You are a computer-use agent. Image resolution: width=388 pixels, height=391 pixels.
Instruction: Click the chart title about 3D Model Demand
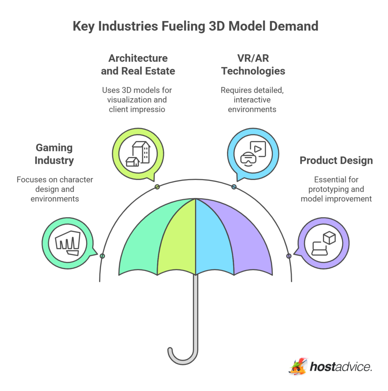click(195, 26)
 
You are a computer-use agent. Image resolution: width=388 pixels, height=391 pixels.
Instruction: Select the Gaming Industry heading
click(54, 154)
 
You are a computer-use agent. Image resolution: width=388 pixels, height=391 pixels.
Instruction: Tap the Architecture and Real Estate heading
click(138, 65)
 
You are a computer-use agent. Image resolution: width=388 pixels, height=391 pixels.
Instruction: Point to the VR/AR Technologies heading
click(253, 65)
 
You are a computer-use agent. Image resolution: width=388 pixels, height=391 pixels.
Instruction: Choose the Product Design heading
click(336, 160)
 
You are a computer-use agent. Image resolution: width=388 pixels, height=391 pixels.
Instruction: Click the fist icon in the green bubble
click(67, 243)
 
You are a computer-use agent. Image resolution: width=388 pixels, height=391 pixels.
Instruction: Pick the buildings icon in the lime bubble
click(138, 154)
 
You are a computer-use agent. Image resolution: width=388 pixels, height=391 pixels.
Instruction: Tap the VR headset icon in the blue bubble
click(253, 154)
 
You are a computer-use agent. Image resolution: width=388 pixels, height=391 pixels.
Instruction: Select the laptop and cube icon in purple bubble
click(323, 243)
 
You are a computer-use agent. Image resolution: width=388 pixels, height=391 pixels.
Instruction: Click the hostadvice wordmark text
click(341, 367)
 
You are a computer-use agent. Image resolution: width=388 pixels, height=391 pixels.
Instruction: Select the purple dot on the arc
click(289, 256)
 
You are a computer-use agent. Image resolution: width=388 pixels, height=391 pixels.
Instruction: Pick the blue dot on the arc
click(234, 187)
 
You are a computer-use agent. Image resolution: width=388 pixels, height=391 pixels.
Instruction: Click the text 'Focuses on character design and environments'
click(55, 189)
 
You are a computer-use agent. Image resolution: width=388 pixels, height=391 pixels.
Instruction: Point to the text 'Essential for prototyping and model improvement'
click(336, 189)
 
